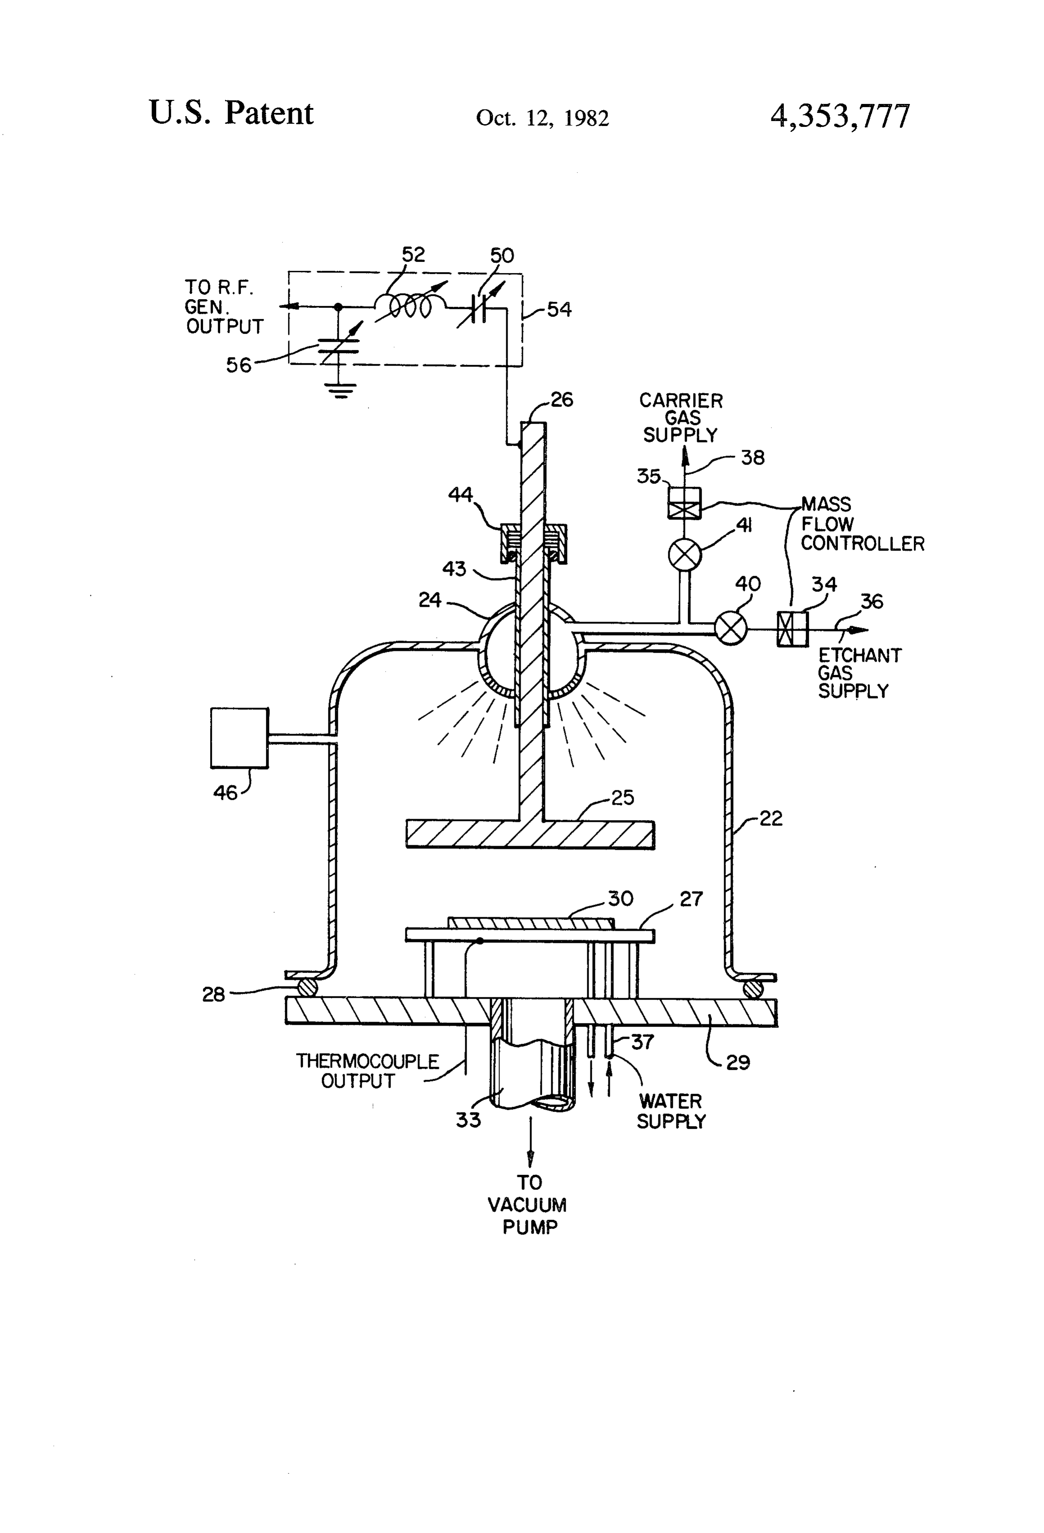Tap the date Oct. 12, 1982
coord(542,118)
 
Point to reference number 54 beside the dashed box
coord(559,309)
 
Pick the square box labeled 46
coord(239,737)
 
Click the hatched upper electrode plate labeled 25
coord(530,834)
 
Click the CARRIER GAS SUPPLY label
coord(681,417)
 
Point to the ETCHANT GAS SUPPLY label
coord(859,673)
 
